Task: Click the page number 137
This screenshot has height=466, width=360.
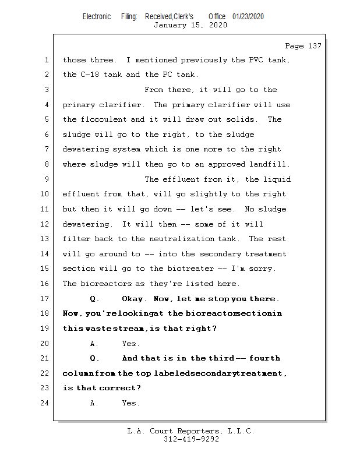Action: (312, 46)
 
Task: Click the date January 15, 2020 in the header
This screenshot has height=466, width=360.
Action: (190, 25)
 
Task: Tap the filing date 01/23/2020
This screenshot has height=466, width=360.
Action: (248, 16)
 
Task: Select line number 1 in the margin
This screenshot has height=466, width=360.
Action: (46, 60)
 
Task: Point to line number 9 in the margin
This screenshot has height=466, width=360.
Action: (46, 179)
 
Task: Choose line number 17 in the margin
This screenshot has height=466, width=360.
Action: (44, 299)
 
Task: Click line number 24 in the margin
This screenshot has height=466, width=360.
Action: (44, 403)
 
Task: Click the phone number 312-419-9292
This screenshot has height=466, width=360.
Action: (190, 439)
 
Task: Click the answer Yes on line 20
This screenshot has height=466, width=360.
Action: (130, 344)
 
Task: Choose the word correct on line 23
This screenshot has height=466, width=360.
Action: (120, 388)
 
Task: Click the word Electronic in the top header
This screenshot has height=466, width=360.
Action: (97, 16)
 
